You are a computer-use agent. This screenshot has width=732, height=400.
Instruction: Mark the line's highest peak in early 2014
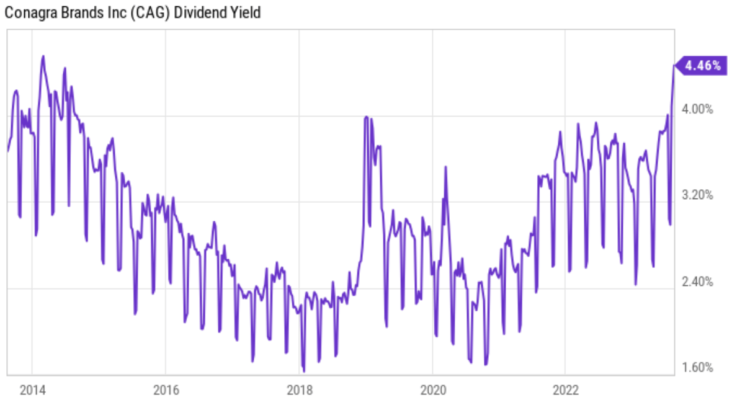pos(43,56)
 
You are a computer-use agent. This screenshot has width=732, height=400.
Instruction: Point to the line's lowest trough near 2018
pos(303,370)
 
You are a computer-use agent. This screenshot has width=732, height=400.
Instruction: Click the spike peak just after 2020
pos(445,167)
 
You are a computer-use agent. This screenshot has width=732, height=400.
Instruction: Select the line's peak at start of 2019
pos(367,117)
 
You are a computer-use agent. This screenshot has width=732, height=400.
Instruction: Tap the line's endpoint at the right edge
pos(674,65)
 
